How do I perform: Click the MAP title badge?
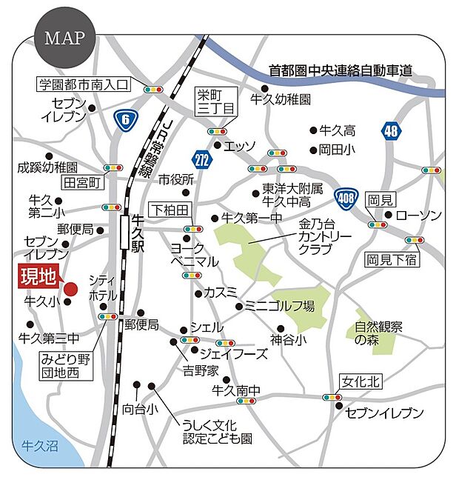(64, 37)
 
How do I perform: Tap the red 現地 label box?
(38, 278)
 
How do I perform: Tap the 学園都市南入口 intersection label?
(83, 84)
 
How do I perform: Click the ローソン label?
(418, 216)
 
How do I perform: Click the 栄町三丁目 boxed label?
(215, 101)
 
